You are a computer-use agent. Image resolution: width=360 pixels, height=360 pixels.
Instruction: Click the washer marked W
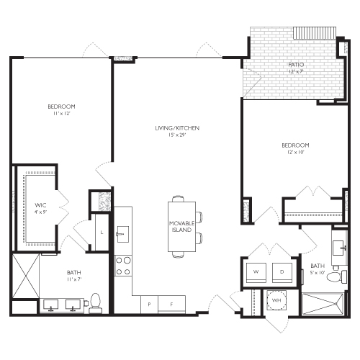pos(256,271)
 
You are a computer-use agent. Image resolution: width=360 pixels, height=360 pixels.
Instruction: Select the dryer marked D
pos(281,271)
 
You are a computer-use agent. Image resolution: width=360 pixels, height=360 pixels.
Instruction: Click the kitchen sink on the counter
pos(122,233)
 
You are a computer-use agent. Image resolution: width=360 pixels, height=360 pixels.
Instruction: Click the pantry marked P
pos(149,305)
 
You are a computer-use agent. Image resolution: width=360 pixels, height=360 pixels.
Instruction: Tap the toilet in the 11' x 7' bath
pos(95,302)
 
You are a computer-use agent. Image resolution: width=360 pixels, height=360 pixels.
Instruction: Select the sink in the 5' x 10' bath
pos(340,247)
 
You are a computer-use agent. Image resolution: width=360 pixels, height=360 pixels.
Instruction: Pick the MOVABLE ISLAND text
pos(180,226)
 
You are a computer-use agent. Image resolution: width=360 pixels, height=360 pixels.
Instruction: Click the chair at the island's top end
pos(178,199)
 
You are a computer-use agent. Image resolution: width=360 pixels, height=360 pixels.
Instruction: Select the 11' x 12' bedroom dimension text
pos(60,113)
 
